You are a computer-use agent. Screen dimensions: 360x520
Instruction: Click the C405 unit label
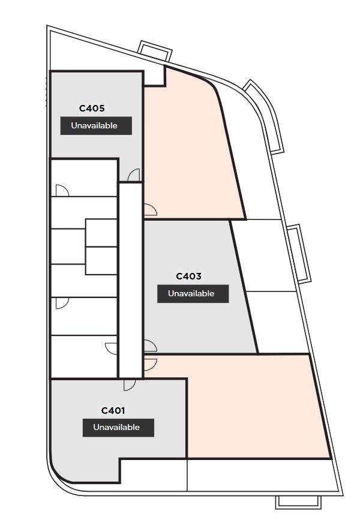(x=92, y=109)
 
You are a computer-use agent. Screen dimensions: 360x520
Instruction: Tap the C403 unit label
(x=188, y=276)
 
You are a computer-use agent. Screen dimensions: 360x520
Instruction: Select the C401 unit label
(x=113, y=411)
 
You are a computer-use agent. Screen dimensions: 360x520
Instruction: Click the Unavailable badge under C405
(x=96, y=126)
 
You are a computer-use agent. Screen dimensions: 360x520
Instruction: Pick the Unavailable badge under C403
(x=193, y=293)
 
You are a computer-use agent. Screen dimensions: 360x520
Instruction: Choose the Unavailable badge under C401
(x=118, y=428)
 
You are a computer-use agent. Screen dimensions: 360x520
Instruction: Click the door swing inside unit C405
(x=134, y=175)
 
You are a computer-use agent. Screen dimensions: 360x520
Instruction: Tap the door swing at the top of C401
(x=130, y=384)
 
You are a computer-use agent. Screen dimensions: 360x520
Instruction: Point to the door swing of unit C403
(x=151, y=345)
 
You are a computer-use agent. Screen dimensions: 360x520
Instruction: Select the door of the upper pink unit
(x=151, y=210)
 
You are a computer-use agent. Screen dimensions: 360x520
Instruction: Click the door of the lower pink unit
(x=151, y=365)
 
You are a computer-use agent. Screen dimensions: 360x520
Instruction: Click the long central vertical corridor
(x=131, y=280)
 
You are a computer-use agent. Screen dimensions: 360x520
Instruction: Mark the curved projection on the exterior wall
(x=264, y=116)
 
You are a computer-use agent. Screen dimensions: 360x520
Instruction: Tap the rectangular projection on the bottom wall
(x=298, y=502)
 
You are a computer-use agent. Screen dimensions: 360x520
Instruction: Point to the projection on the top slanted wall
(x=155, y=51)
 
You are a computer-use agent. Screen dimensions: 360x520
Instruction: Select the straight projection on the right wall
(x=299, y=254)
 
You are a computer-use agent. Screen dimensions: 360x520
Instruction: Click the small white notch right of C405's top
(x=154, y=77)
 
